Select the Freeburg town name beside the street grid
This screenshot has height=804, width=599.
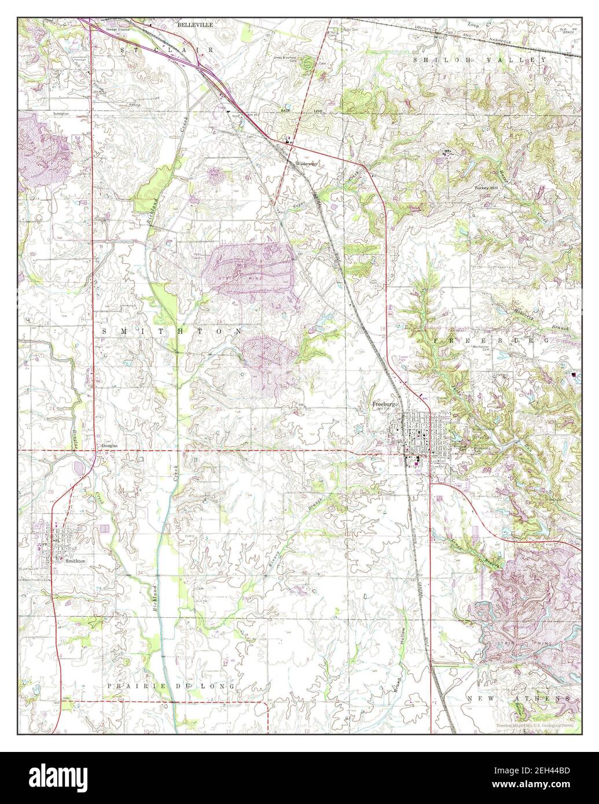(x=384, y=403)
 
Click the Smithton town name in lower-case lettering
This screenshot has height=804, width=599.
(x=76, y=560)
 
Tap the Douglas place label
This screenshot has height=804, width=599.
(x=110, y=446)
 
